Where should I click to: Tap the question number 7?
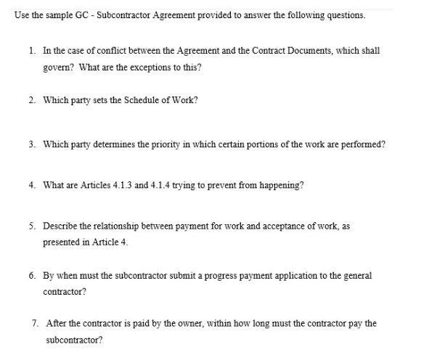33,322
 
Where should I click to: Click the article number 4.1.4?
144,185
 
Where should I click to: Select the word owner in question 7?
168,322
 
